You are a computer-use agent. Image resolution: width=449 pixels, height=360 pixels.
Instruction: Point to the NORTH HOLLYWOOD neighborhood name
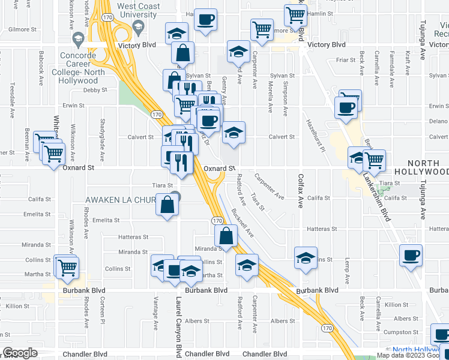(428, 167)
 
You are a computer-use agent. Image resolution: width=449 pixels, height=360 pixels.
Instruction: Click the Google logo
(20, 353)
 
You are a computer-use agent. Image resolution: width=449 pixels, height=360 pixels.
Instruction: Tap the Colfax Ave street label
(301, 191)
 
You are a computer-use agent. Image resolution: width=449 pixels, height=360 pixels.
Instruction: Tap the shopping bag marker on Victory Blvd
(183, 52)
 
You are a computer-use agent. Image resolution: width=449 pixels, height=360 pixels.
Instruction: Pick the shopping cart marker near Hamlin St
(295, 14)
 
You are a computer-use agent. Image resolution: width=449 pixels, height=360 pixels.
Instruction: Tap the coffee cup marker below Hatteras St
(412, 255)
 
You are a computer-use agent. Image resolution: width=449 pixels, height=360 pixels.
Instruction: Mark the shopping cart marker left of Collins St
(67, 266)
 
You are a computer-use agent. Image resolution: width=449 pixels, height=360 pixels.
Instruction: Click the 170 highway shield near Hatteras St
(218, 221)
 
